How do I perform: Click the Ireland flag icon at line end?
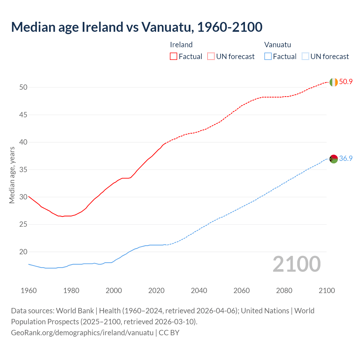[x=333, y=82]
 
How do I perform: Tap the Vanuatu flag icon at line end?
[x=334, y=159]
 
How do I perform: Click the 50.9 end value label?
[x=346, y=82]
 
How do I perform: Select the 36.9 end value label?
[x=346, y=159]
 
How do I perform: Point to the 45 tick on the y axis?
[x=23, y=115]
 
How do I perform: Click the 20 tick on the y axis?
[x=23, y=252]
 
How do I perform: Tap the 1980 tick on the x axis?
[x=71, y=291]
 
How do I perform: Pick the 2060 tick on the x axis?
[x=242, y=291]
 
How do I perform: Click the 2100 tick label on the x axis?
[x=327, y=291]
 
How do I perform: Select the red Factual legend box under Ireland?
[x=174, y=56]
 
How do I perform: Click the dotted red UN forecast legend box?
[x=211, y=56]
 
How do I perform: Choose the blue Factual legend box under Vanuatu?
[x=268, y=56]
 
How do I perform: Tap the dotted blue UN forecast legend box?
[x=305, y=56]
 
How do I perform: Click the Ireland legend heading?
[x=181, y=45]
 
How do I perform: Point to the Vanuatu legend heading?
[x=277, y=45]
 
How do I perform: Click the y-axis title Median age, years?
[x=12, y=175]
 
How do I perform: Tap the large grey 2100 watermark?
[x=296, y=264]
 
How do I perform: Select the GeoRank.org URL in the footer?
[x=82, y=332]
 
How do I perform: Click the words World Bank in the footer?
[x=75, y=310]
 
